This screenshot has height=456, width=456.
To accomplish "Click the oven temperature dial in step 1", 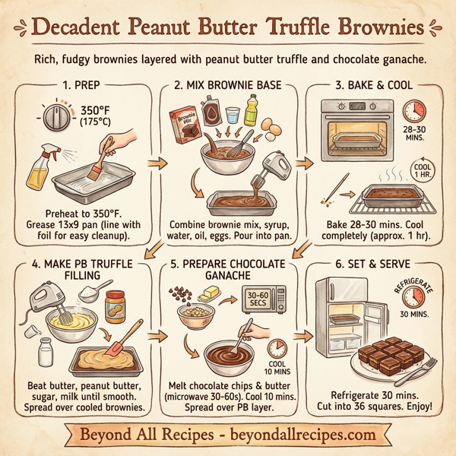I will (x=55, y=119).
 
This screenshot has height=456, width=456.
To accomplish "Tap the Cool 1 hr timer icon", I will (x=420, y=169).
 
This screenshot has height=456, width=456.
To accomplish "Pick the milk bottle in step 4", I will (x=44, y=353).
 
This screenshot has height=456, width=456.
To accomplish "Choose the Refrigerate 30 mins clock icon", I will (x=413, y=299).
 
